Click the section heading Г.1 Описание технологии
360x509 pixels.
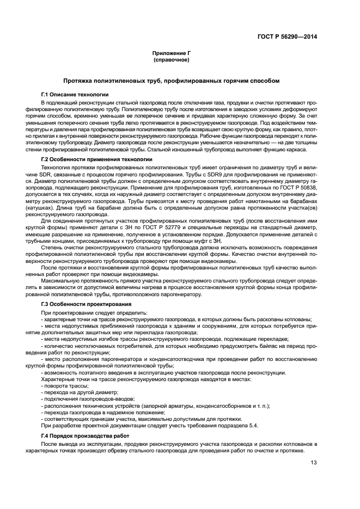coord(75,94)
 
